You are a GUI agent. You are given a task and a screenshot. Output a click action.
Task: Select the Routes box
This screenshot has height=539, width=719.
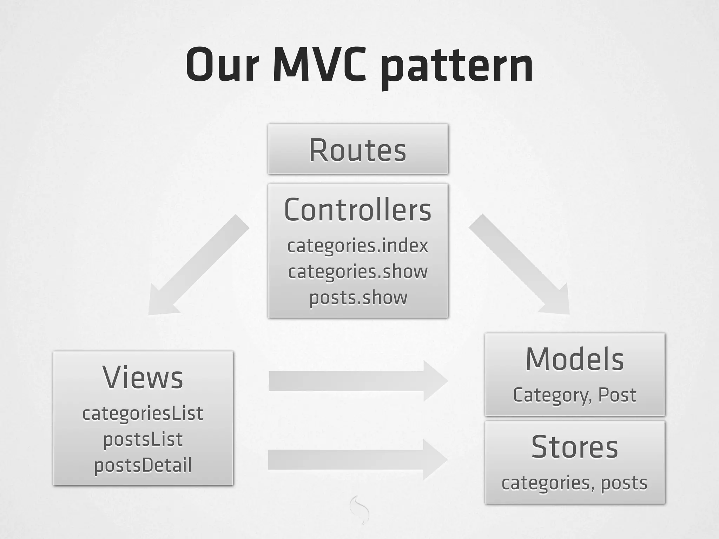point(357,149)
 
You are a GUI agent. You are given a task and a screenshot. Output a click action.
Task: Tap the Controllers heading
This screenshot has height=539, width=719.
point(357,210)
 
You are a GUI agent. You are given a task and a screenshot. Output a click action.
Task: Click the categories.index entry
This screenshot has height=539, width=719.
point(357,245)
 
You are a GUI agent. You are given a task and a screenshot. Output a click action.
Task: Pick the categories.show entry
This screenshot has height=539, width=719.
point(357,272)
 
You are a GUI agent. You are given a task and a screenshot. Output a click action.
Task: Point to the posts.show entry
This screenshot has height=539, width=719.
point(358,298)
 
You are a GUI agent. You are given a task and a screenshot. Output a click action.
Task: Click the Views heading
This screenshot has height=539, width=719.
point(143,378)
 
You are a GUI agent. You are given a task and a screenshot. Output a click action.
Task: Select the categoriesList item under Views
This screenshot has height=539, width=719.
point(143,413)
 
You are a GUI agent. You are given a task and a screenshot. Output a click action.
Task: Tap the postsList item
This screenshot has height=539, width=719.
point(143,439)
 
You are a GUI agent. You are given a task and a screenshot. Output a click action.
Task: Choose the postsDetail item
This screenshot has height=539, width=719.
point(143,465)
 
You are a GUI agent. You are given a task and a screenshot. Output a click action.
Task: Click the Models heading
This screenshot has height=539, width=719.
point(575,359)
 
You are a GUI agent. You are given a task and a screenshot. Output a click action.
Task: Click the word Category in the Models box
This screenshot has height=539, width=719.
point(550,395)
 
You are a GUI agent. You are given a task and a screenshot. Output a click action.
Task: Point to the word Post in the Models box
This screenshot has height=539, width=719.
point(617,395)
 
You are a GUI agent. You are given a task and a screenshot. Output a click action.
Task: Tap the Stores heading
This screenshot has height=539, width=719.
point(575,447)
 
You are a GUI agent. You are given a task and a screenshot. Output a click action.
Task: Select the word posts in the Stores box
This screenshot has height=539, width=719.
point(624,483)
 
